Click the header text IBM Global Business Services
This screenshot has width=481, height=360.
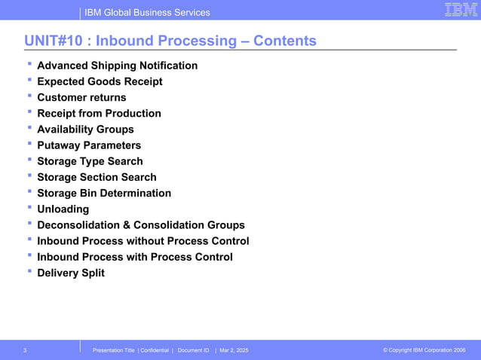click(148, 12)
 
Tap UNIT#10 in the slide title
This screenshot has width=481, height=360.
click(53, 41)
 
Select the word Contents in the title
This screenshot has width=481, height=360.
click(285, 41)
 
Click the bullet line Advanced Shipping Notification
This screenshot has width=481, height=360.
click(118, 66)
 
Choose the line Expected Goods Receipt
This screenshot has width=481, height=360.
click(100, 81)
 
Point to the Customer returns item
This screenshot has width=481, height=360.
click(81, 97)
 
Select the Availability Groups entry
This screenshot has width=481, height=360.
click(85, 130)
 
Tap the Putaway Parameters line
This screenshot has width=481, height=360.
click(89, 145)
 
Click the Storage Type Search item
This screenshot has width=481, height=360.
click(90, 161)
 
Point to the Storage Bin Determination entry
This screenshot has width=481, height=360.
click(104, 193)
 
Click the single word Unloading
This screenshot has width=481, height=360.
click(63, 209)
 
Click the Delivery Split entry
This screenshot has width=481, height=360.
click(71, 273)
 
